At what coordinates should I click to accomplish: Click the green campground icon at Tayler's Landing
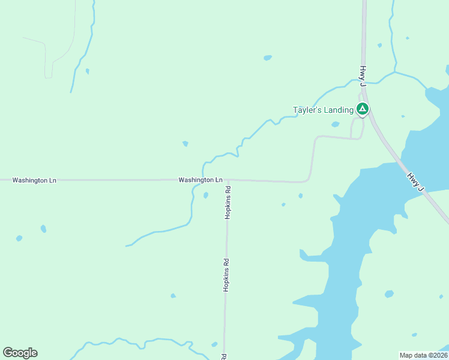pos(362,109)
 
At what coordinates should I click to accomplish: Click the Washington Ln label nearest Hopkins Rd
pos(200,180)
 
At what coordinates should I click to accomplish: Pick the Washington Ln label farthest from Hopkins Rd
pos(34,180)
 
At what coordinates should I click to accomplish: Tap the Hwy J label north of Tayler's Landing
pos(363,74)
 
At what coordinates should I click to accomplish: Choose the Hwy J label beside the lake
pos(415,182)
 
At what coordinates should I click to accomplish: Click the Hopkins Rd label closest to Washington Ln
pos(228,203)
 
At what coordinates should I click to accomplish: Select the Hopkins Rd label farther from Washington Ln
pos(226,275)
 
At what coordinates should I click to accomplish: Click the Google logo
pos(20,353)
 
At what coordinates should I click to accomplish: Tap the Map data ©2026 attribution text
pos(423,355)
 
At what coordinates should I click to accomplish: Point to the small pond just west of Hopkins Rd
pos(206,195)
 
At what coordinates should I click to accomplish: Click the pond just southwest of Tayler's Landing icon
pos(335,125)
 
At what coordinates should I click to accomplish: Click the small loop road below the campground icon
pos(357,127)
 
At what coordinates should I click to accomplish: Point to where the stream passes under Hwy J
pos(364,81)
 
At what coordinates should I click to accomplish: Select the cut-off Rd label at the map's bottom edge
pos(224,356)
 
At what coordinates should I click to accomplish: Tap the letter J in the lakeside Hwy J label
pos(421,190)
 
